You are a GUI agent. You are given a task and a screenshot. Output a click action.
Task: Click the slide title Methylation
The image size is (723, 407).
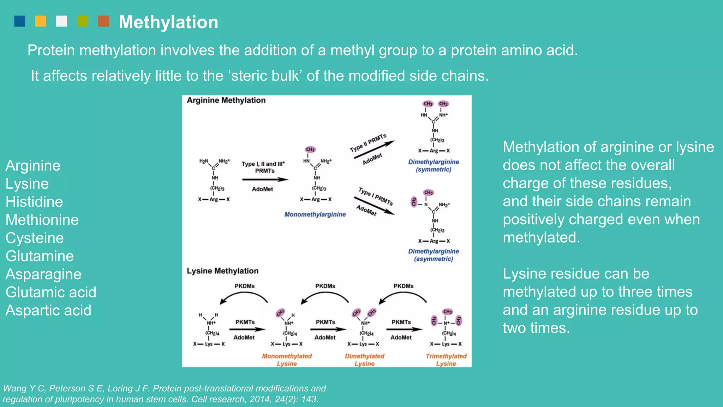(x=168, y=22)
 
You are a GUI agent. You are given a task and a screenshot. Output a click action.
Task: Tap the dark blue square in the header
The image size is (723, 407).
(x=20, y=21)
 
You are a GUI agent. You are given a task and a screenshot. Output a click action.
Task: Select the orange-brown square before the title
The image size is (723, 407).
(x=103, y=21)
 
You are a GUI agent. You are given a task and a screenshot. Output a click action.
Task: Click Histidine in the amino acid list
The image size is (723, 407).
(x=34, y=202)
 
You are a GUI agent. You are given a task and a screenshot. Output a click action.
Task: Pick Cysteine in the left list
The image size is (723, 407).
(x=35, y=238)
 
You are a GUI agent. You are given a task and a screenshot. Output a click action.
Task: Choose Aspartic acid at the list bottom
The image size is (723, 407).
(x=48, y=311)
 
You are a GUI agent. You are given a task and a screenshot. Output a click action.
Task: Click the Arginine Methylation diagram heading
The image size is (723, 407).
(x=226, y=100)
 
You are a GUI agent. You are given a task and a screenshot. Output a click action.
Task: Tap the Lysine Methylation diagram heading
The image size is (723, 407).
(x=222, y=271)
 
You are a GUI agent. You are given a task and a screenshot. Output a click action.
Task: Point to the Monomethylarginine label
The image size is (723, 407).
(x=315, y=214)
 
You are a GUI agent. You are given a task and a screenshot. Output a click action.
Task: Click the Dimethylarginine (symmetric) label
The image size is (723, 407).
(x=434, y=166)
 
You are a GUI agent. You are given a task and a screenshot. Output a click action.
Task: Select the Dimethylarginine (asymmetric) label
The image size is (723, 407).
(x=434, y=255)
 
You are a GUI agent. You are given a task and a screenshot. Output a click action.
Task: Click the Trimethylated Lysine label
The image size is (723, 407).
(x=446, y=360)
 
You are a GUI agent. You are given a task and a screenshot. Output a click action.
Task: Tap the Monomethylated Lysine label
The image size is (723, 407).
(x=287, y=360)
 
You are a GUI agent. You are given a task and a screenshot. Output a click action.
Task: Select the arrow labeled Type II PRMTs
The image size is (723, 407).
(x=374, y=149)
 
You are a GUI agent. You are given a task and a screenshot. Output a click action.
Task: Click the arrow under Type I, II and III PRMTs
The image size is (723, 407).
(x=265, y=179)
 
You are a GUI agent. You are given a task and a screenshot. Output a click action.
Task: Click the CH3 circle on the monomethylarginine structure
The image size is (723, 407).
(x=310, y=149)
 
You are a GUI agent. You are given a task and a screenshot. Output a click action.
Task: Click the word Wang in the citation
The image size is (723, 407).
(x=14, y=388)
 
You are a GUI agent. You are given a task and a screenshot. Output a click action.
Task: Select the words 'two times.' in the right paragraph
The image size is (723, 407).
(x=536, y=328)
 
